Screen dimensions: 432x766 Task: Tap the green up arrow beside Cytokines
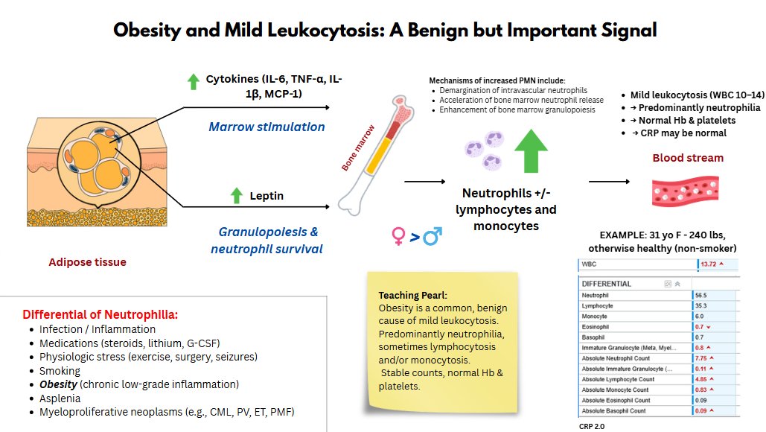pos(193,81)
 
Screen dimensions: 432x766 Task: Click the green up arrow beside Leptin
pos(237,196)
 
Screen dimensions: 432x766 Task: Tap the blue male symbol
pos(432,237)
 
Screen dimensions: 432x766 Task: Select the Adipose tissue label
pos(87,261)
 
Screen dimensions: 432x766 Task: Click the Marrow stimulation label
pos(266,127)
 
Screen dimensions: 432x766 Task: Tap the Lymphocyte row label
pos(599,306)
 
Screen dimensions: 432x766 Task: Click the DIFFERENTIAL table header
pos(607,284)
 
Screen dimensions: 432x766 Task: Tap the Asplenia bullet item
pos(60,398)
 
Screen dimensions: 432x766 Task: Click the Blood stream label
pos(688,158)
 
